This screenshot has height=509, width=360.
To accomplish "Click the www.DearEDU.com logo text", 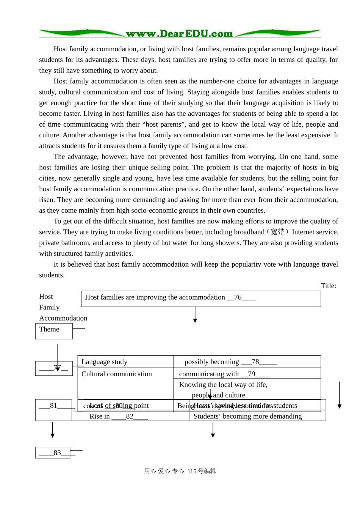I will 179,34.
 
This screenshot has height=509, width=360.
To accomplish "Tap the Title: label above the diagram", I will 328,286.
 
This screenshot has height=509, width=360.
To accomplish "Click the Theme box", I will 54,331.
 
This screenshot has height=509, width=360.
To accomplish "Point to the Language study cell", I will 105,362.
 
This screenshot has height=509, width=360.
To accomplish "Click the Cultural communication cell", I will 117,374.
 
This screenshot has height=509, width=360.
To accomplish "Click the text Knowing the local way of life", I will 223,385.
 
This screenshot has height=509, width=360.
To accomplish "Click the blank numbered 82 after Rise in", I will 130,416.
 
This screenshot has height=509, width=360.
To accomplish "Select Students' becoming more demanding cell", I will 247,416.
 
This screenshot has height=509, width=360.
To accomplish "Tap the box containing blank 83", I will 53,453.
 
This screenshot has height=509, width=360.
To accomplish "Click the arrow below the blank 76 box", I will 195,315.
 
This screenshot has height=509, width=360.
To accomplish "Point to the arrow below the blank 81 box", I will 52,430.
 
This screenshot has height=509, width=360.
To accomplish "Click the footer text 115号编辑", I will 202,471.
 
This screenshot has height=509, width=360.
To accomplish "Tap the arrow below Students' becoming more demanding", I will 213,430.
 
